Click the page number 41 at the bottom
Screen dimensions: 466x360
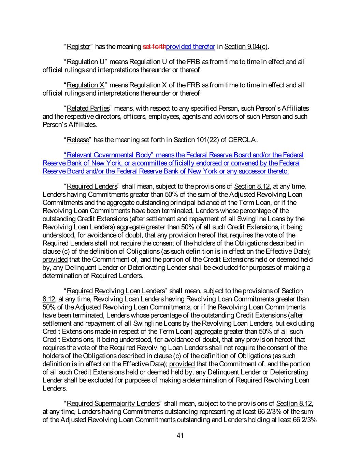coord(180,435)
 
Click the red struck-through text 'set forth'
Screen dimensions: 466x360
coord(154,47)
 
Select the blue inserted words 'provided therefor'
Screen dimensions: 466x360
coord(190,47)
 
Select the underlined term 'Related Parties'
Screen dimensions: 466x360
coord(88,109)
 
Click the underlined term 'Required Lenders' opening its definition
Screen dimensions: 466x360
coord(92,186)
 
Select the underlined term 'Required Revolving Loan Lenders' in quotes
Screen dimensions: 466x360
coord(116,291)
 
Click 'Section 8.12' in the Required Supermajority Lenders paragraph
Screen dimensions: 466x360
coord(294,404)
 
